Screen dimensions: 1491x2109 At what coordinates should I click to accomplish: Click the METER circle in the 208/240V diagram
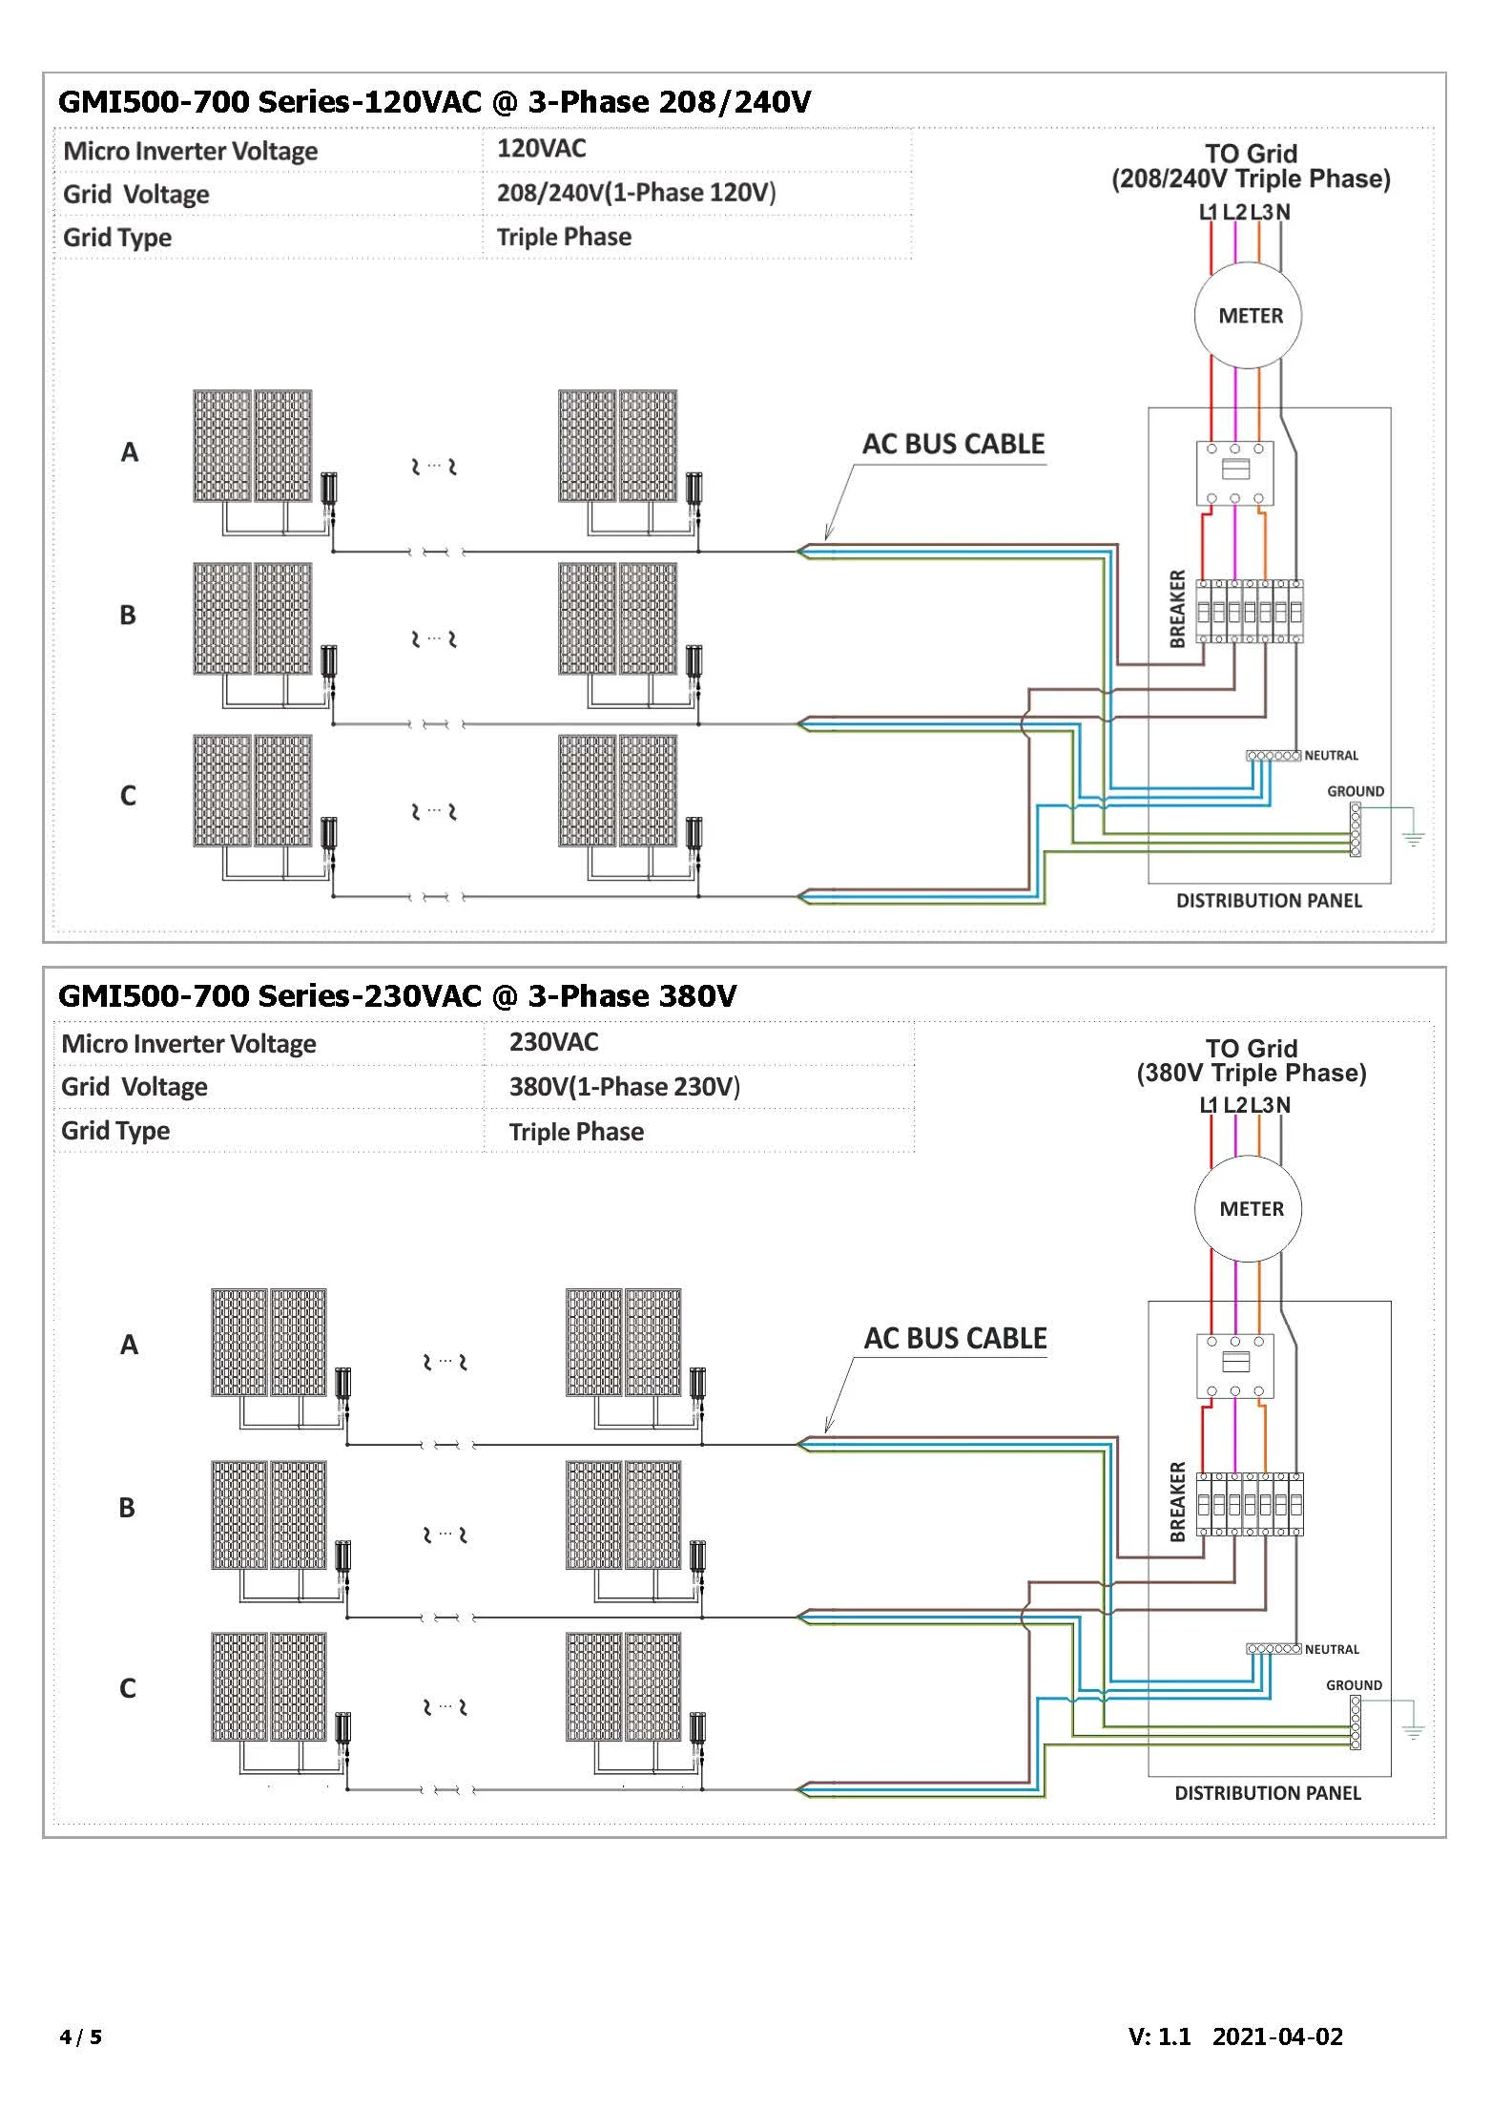[x=1250, y=316]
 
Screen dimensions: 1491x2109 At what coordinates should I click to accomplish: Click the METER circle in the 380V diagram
[x=1251, y=1209]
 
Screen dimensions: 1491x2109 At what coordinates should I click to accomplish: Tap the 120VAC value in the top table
[x=541, y=149]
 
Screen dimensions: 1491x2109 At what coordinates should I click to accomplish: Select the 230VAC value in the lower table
[x=553, y=1042]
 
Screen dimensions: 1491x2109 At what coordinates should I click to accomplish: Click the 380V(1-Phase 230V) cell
[x=624, y=1087]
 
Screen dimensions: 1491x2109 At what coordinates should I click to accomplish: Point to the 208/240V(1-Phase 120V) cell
[x=635, y=193]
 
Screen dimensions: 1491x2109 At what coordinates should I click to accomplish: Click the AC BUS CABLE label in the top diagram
[x=953, y=445]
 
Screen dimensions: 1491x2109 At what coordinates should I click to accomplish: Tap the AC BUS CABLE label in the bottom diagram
[x=955, y=1339]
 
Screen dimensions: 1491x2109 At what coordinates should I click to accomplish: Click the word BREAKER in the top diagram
[x=1177, y=609]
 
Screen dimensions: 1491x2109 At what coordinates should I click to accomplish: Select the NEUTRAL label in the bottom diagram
[x=1332, y=1649]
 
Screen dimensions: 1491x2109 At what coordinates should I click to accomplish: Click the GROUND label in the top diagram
[x=1355, y=791]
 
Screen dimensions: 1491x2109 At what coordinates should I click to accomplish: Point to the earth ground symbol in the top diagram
[x=1413, y=838]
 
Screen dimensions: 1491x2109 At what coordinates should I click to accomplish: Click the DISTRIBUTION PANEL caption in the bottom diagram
[x=1267, y=1793]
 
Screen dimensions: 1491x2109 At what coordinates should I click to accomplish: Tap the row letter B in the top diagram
[x=128, y=616]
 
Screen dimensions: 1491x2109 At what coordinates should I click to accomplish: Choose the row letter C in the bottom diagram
[x=128, y=1688]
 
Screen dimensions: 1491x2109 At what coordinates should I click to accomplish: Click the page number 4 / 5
[x=80, y=2037]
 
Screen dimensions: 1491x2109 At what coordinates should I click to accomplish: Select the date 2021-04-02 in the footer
[x=1276, y=2036]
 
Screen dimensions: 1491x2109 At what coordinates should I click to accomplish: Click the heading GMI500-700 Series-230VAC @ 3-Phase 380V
[x=397, y=996]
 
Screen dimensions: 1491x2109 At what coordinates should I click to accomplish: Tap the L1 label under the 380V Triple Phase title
[x=1208, y=1105]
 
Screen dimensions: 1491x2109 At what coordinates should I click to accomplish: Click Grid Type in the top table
[x=117, y=238]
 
